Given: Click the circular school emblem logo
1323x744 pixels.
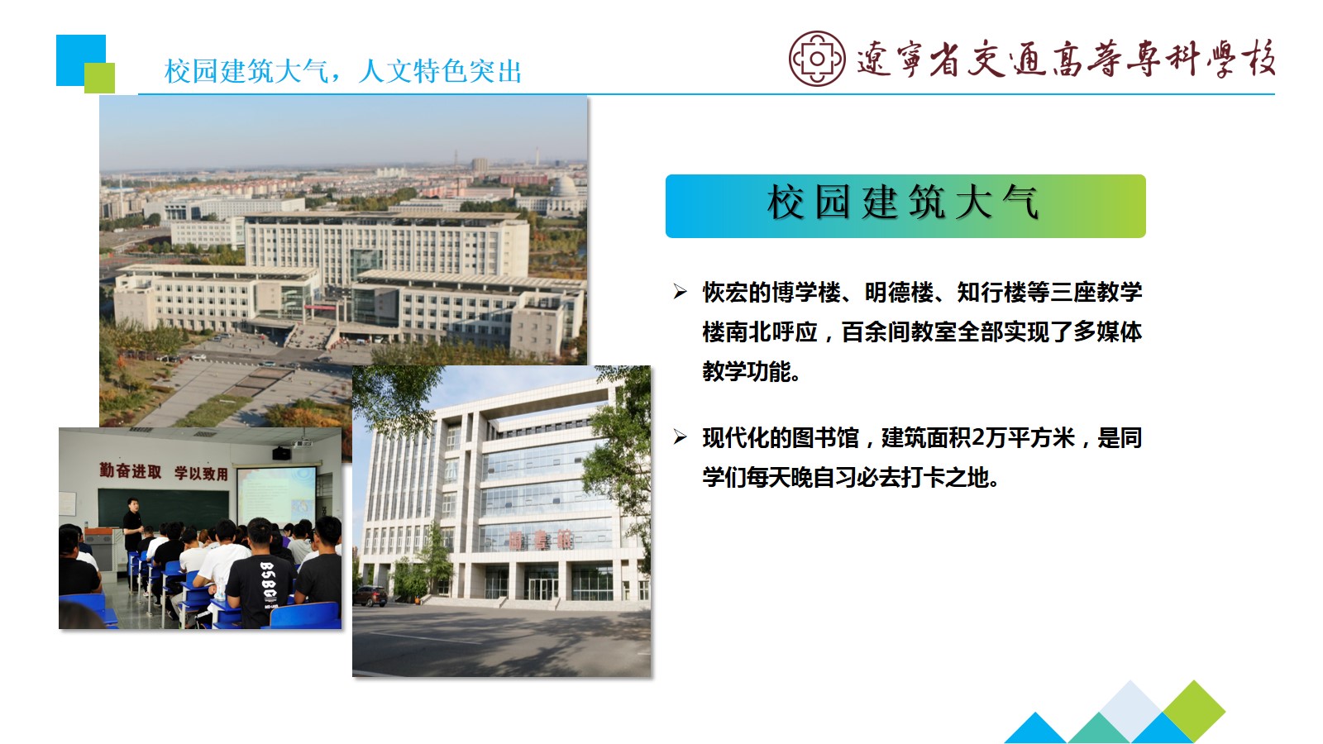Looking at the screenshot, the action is (817, 59).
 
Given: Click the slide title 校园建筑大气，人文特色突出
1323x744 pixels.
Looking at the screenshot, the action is (343, 71).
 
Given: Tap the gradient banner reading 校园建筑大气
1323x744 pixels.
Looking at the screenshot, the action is (905, 206).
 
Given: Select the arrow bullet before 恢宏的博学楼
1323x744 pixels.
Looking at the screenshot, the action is (680, 292).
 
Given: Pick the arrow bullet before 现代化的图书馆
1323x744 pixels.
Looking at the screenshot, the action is (680, 437).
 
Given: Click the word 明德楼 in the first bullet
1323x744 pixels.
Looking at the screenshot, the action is (900, 293).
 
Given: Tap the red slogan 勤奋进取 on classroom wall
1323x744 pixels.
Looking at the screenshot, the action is (130, 470).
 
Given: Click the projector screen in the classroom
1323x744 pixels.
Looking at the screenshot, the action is (276, 495).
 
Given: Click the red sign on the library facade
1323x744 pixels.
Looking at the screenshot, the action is (541, 539).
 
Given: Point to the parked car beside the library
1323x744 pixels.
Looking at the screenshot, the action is (370, 595).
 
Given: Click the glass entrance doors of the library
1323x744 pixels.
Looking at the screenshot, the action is (541, 588).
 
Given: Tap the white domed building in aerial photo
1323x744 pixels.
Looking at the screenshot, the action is (563, 188).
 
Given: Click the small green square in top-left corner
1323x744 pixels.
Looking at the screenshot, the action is (99, 78).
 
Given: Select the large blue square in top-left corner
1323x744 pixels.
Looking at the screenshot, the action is (81, 60).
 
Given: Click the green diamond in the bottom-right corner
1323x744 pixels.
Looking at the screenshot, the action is (1194, 711).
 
